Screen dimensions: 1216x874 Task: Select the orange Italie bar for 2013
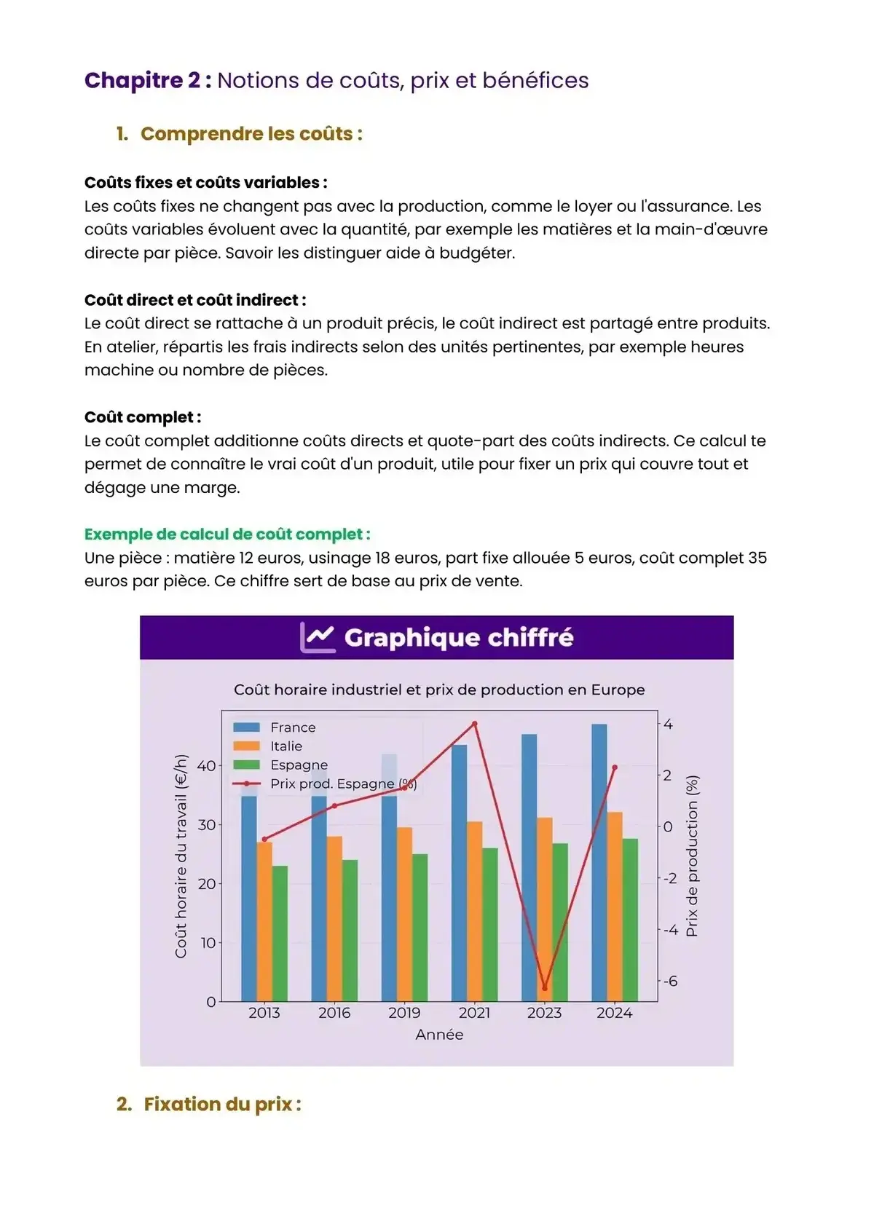coord(264,921)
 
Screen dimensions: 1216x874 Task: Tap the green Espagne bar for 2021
coord(490,925)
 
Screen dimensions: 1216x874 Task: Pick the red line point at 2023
coord(544,988)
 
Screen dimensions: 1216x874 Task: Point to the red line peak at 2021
coord(475,724)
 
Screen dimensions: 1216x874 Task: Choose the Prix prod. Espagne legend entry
coord(343,784)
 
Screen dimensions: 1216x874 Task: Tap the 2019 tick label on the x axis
coord(404,1013)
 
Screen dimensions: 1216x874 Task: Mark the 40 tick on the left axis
coord(206,766)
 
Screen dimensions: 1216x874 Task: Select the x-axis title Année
coord(439,1035)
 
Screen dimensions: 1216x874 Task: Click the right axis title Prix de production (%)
coord(692,856)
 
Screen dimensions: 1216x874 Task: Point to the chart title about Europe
coord(439,690)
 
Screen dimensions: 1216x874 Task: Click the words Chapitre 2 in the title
coord(142,80)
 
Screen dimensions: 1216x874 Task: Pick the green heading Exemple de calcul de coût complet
coord(227,534)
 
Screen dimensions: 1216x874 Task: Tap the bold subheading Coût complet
coord(143,417)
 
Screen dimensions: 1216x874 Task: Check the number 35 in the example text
coord(757,558)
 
